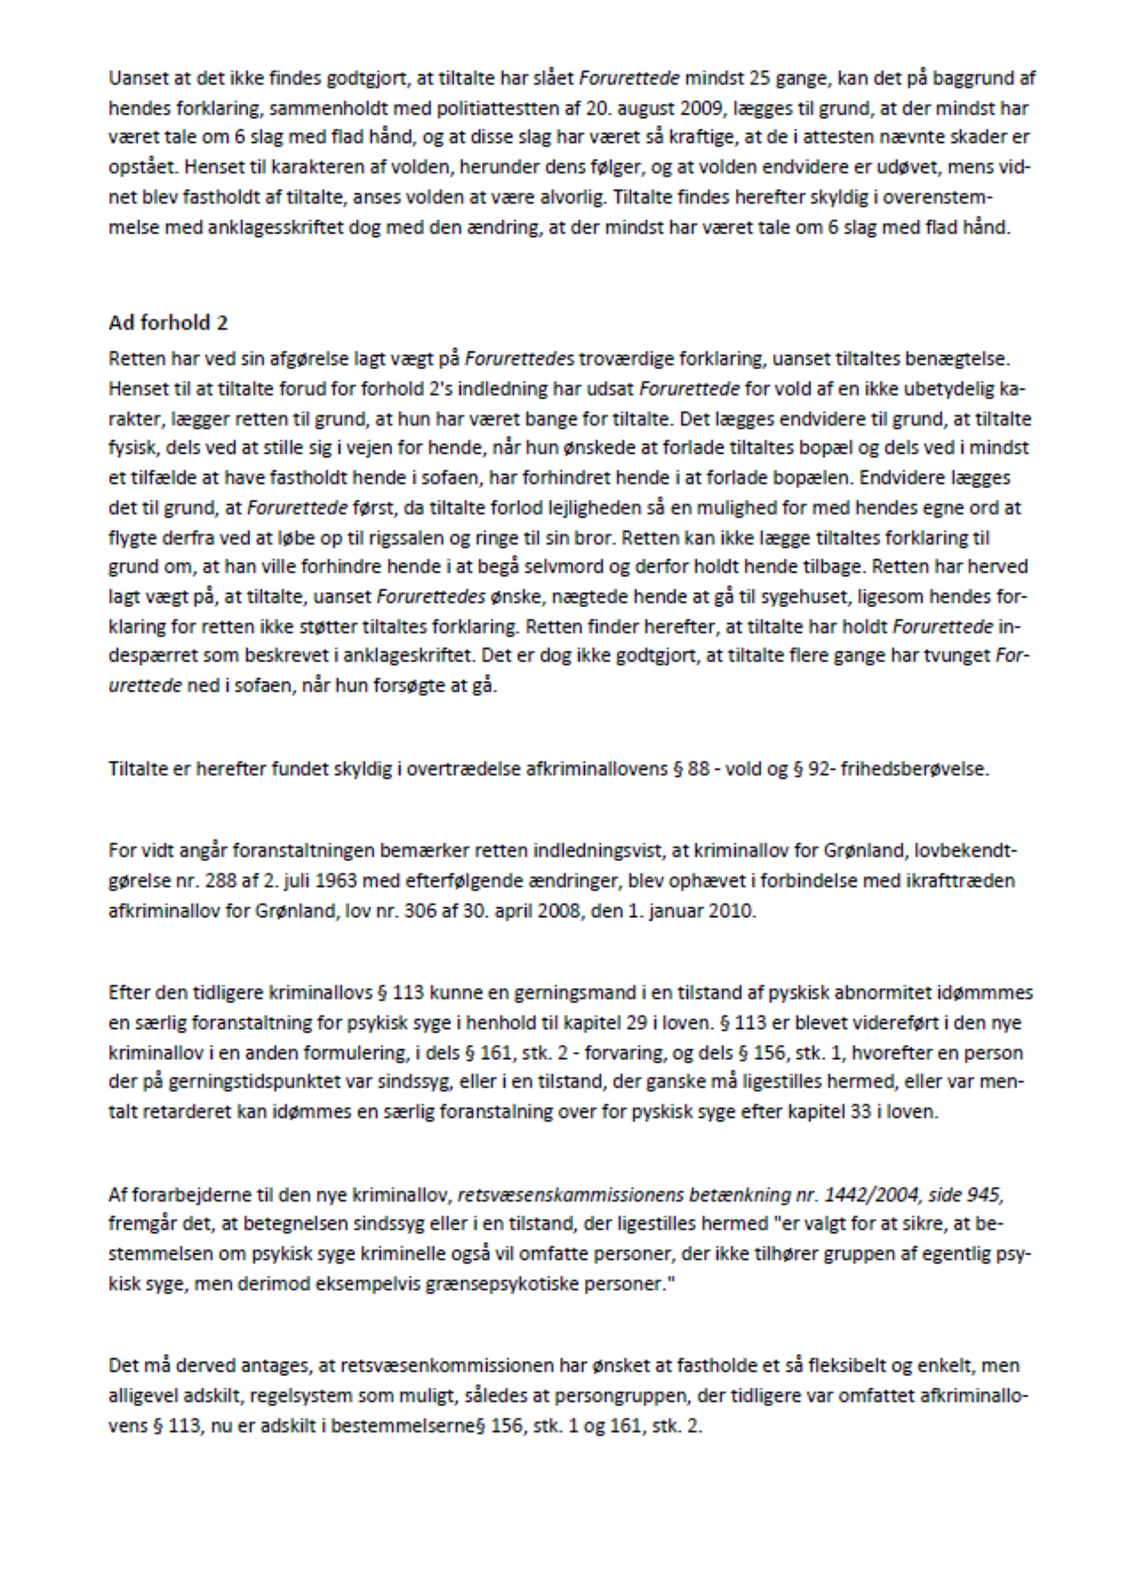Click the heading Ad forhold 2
pyautogui.click(x=168, y=323)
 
